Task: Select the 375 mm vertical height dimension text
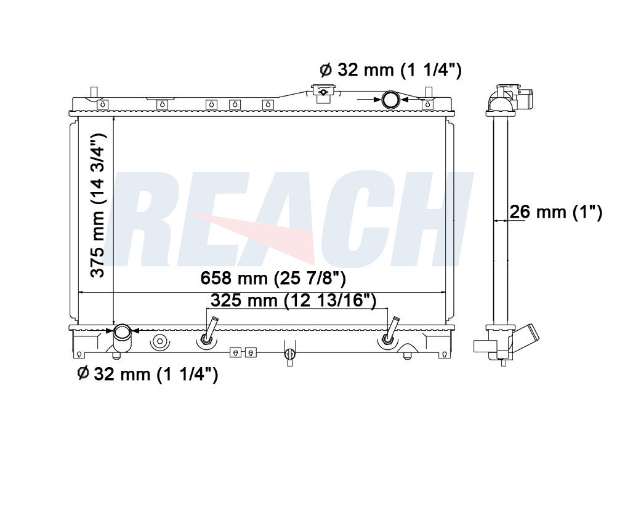coord(100,205)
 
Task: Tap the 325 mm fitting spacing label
coord(293,301)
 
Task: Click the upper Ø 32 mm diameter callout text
coord(390,69)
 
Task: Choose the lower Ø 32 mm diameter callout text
coord(147,373)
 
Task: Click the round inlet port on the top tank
coord(390,99)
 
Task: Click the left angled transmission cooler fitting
coord(209,331)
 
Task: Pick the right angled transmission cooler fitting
coord(390,331)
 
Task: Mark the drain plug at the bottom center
coord(290,355)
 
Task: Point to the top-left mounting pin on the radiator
coord(94,93)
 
